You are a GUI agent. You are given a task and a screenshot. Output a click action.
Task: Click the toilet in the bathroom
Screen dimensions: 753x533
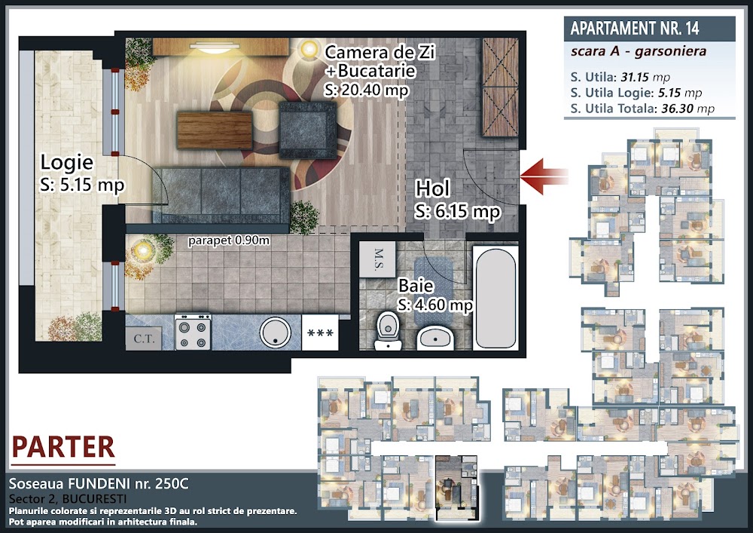[x=388, y=330]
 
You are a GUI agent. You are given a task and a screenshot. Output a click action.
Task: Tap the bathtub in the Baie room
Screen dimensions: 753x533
[x=495, y=298]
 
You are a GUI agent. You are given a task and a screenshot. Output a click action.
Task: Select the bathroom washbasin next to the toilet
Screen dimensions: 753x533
[x=435, y=338]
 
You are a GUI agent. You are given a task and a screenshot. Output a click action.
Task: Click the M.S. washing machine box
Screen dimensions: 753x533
[x=377, y=259]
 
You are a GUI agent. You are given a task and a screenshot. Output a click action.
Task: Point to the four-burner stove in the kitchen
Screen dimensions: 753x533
[x=193, y=332]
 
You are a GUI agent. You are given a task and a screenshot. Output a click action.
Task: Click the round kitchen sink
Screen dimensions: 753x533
[x=275, y=332]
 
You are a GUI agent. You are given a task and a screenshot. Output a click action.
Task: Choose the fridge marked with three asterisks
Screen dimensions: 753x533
[x=320, y=332]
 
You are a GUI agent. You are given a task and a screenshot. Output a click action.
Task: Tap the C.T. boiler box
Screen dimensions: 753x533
[x=144, y=338]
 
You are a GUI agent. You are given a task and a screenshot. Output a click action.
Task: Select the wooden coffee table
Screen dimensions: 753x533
[x=215, y=130]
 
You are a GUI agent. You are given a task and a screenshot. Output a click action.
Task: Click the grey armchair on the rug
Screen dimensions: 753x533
[x=308, y=130]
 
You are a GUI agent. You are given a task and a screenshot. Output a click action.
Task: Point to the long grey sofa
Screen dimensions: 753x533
[x=221, y=195]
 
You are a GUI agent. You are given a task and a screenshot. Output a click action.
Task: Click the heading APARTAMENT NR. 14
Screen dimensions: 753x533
[x=634, y=29]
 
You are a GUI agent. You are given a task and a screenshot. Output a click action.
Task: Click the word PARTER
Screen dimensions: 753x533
[x=63, y=447]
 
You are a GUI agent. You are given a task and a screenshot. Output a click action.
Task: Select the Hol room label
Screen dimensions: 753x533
[x=433, y=188]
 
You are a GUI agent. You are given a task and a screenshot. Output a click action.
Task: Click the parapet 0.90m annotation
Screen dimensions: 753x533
[x=229, y=240]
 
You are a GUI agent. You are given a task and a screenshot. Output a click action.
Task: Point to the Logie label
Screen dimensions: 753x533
[x=67, y=162]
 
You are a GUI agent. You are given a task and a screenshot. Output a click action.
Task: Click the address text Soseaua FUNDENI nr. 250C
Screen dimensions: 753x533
[x=99, y=483]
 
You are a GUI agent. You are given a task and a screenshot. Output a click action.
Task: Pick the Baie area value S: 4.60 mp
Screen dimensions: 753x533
[x=435, y=305]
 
